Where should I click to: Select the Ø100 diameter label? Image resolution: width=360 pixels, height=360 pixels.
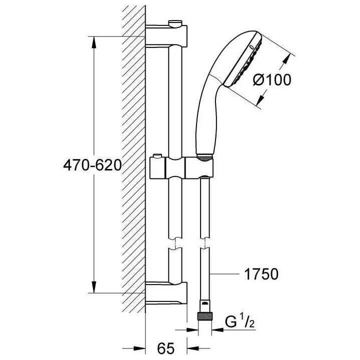[271, 80]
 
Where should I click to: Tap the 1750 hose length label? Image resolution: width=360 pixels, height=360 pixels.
[260, 274]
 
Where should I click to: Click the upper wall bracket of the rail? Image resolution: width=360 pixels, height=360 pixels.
[167, 36]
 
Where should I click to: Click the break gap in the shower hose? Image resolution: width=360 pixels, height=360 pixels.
[205, 246]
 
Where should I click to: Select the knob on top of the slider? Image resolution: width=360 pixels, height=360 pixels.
[157, 158]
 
